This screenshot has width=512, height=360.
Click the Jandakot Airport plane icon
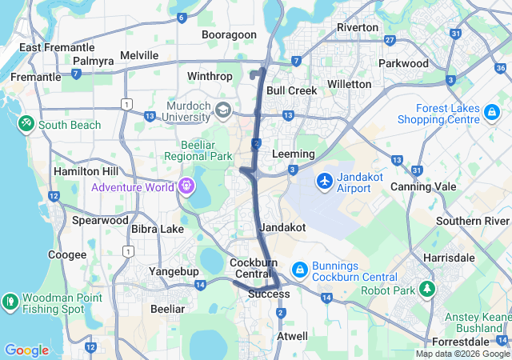(x=325, y=182)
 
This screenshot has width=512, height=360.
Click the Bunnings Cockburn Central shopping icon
(x=299, y=270)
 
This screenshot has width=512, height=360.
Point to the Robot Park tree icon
(x=429, y=290)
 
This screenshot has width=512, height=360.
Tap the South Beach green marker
(x=26, y=125)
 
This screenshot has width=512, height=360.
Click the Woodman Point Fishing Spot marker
(x=10, y=302)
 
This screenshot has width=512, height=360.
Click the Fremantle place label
(x=35, y=77)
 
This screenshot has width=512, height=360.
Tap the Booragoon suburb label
(x=229, y=34)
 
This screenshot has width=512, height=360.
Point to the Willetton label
(x=350, y=84)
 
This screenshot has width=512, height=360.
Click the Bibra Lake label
(x=157, y=229)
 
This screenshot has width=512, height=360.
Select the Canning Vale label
(x=423, y=186)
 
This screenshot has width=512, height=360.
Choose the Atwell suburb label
(x=291, y=336)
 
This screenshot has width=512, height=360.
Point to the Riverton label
(x=358, y=27)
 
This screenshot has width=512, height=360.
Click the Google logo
(x=26, y=350)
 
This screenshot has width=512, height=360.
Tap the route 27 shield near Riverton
(x=390, y=39)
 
